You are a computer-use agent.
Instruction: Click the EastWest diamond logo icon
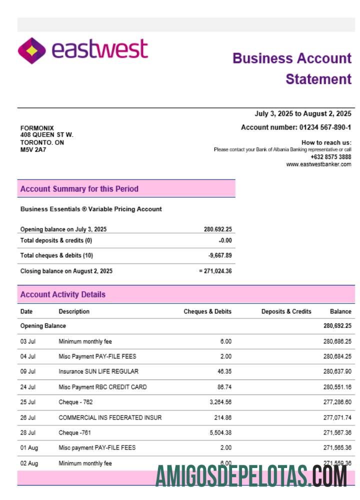tap(31, 50)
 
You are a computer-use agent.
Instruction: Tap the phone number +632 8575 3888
tap(330, 157)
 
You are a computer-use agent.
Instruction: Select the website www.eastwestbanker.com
tap(318, 164)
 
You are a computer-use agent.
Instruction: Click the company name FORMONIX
tap(37, 128)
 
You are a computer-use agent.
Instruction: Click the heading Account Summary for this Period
tap(79, 189)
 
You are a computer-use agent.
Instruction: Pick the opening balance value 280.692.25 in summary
tap(217, 229)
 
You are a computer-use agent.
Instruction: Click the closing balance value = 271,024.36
tap(215, 271)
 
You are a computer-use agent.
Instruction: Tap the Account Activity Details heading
tap(62, 294)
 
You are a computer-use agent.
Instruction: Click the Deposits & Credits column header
tap(286, 311)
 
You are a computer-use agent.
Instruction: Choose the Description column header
tap(74, 311)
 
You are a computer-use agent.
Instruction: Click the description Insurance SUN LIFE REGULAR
tap(98, 371)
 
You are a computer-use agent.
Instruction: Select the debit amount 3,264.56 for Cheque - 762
tap(219, 402)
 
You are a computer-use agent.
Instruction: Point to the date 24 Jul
tap(28, 387)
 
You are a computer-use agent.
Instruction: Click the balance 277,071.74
tap(337, 417)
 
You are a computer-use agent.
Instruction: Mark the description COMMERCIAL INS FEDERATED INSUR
tap(110, 417)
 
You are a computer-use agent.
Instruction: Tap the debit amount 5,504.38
tap(219, 432)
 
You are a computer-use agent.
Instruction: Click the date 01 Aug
tap(29, 448)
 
